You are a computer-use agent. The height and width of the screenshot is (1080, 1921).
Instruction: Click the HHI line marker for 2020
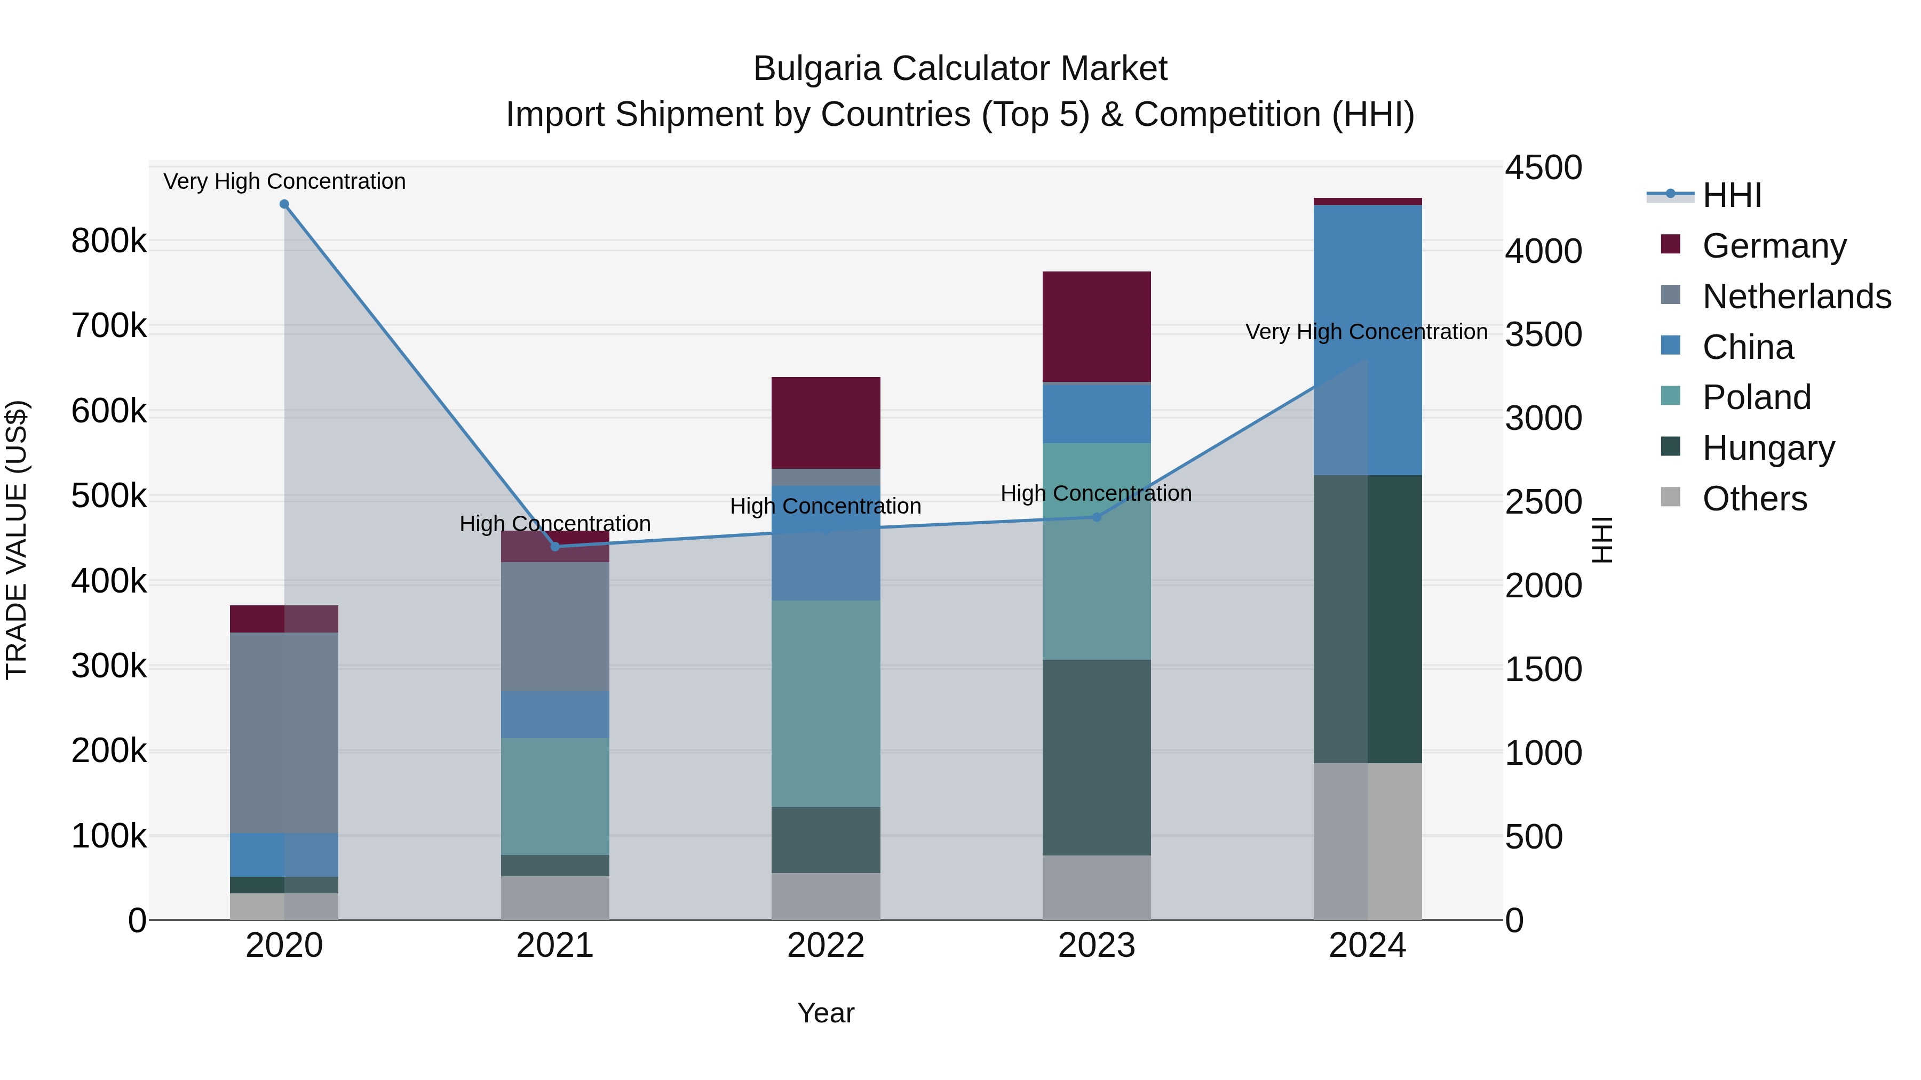284,204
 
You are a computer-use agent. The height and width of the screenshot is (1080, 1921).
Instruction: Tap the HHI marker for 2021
555,546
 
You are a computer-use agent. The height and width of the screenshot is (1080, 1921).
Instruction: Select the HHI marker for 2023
1096,516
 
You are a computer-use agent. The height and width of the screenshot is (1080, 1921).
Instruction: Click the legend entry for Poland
1756,397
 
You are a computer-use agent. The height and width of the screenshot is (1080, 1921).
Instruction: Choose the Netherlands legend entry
1796,297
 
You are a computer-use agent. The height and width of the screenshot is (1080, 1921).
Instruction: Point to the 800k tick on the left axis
109,241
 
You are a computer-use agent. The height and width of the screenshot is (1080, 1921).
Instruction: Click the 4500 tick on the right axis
1542,167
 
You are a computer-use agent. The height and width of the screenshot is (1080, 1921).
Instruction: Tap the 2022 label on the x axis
825,946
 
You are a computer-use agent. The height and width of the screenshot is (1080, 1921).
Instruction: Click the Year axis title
825,1013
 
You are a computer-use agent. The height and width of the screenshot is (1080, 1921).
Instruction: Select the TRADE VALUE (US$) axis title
17,540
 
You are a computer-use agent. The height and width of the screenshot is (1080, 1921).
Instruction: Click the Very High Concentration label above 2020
284,181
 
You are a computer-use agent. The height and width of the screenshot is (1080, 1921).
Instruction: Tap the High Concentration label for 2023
1096,493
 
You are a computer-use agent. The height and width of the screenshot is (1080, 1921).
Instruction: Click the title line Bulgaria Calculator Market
960,69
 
